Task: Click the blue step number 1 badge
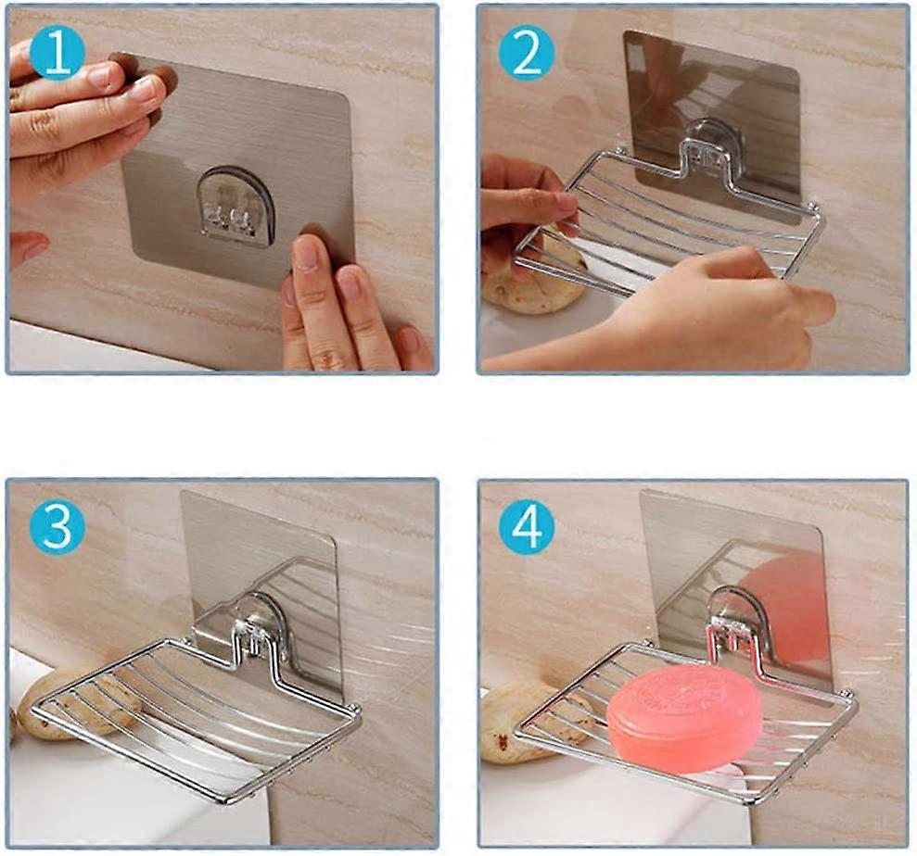click(x=57, y=55)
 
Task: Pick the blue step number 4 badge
click(x=527, y=528)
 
